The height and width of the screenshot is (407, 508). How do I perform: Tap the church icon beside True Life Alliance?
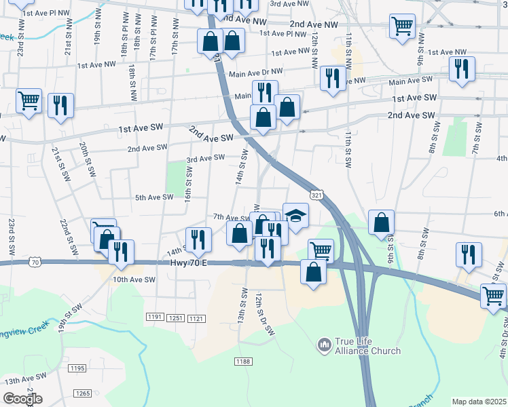(324, 347)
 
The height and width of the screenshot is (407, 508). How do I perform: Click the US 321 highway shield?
(316, 195)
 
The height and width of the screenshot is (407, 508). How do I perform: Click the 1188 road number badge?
(244, 361)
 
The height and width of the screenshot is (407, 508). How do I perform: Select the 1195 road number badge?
(77, 368)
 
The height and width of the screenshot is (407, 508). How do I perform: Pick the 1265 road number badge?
(83, 393)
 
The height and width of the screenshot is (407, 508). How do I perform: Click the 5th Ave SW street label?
(154, 197)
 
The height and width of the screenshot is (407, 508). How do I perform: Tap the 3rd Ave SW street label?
(206, 158)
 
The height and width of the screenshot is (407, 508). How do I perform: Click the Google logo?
(22, 399)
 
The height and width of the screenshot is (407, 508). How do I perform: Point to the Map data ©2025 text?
(479, 402)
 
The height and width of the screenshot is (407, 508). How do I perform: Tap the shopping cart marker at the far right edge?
(493, 296)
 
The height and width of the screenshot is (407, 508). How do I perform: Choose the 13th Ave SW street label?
(24, 376)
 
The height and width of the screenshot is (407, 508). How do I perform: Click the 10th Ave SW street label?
(134, 279)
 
